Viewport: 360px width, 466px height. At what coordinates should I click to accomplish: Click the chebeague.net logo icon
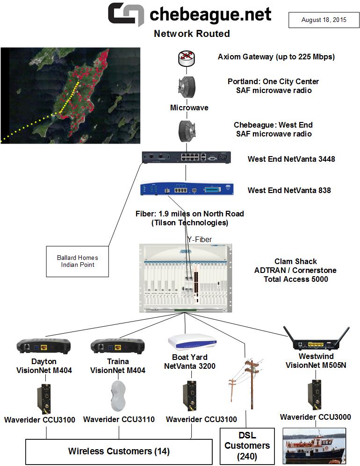[x=126, y=14]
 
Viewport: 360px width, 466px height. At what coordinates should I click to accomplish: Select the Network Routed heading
[x=192, y=34]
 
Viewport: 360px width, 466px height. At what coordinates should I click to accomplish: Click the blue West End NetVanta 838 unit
[x=187, y=190]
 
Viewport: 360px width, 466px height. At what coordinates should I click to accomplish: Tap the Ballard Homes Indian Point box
[x=78, y=261]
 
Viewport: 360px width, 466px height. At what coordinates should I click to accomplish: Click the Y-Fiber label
[x=200, y=239]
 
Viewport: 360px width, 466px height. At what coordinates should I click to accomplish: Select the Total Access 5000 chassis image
[x=187, y=279]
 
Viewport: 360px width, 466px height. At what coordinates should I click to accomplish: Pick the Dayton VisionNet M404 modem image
[x=43, y=346]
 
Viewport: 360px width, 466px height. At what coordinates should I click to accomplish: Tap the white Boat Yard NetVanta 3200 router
[x=193, y=343]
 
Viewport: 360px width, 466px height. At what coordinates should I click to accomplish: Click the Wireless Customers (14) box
[x=119, y=452]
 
